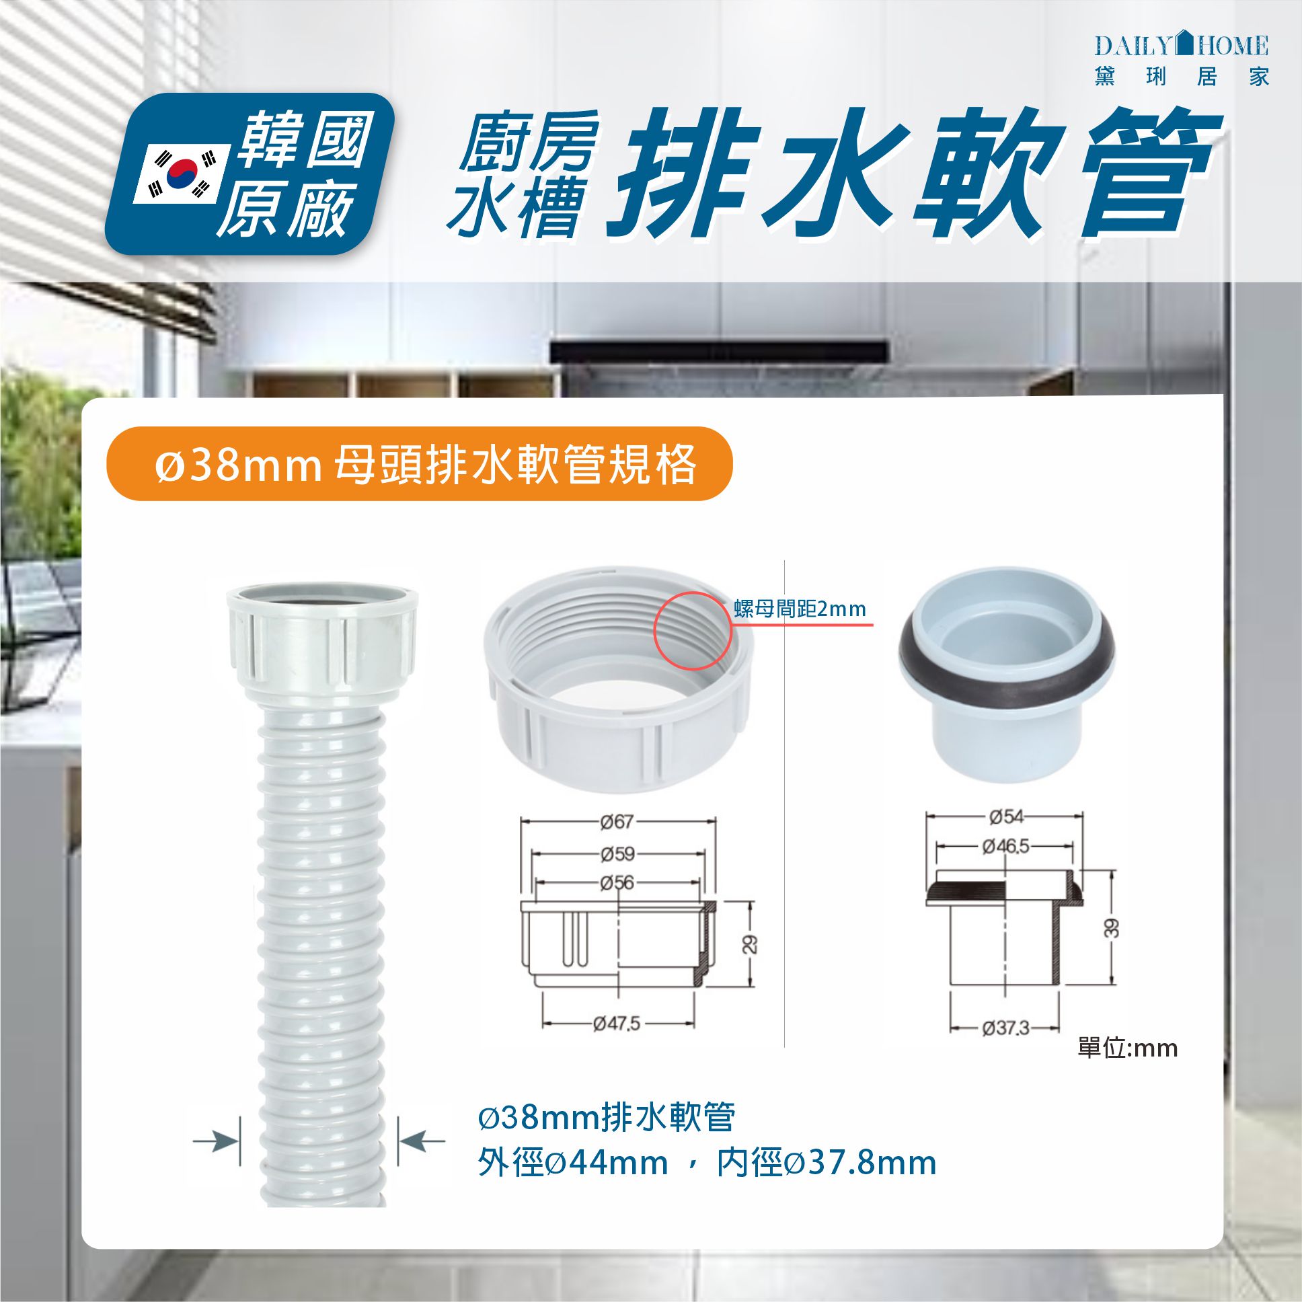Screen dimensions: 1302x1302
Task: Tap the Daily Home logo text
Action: [1182, 46]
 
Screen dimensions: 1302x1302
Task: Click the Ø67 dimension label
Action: [617, 822]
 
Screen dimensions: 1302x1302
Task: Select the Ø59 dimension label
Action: [617, 854]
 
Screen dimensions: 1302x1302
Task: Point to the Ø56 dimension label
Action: [617, 883]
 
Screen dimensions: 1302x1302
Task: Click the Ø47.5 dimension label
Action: [617, 1024]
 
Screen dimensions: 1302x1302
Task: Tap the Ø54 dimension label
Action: [1006, 817]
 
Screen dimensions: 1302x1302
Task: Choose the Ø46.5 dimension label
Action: [1005, 846]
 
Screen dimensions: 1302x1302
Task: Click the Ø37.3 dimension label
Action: [1005, 1028]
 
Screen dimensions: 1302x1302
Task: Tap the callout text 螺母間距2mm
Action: [799, 609]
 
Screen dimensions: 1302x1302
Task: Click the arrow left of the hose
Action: [216, 1141]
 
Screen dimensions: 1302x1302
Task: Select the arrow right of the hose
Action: [422, 1141]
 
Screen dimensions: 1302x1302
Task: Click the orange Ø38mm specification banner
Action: [419, 464]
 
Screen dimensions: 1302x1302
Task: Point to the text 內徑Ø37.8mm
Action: [827, 1164]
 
